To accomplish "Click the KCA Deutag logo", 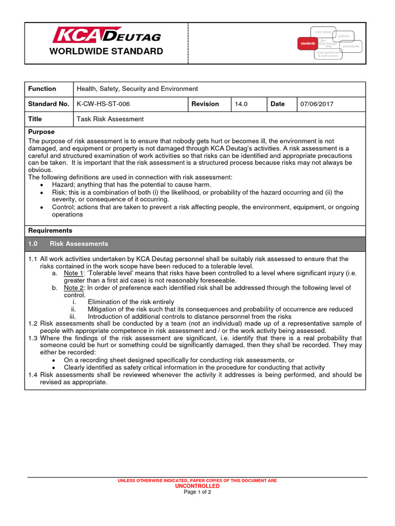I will point(106,36).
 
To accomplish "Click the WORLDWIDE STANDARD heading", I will point(106,51).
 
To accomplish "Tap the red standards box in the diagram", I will point(308,44).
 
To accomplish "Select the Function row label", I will point(42,89).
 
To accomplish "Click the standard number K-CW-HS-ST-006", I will point(103,104).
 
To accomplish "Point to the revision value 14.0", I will point(241,104).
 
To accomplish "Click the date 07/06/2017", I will point(317,104).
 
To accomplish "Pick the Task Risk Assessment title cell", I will point(111,119).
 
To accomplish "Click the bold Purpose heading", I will point(41,132).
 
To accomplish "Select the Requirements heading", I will point(50,231).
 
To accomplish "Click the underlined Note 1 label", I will point(74,273).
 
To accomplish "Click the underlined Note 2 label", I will point(74,288).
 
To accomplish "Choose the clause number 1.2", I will point(33,324).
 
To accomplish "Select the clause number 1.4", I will point(33,375).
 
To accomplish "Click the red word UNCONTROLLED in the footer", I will point(197,486).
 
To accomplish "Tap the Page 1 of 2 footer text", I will point(197,492).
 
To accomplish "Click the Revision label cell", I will point(205,104).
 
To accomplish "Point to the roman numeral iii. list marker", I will point(73,316).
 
